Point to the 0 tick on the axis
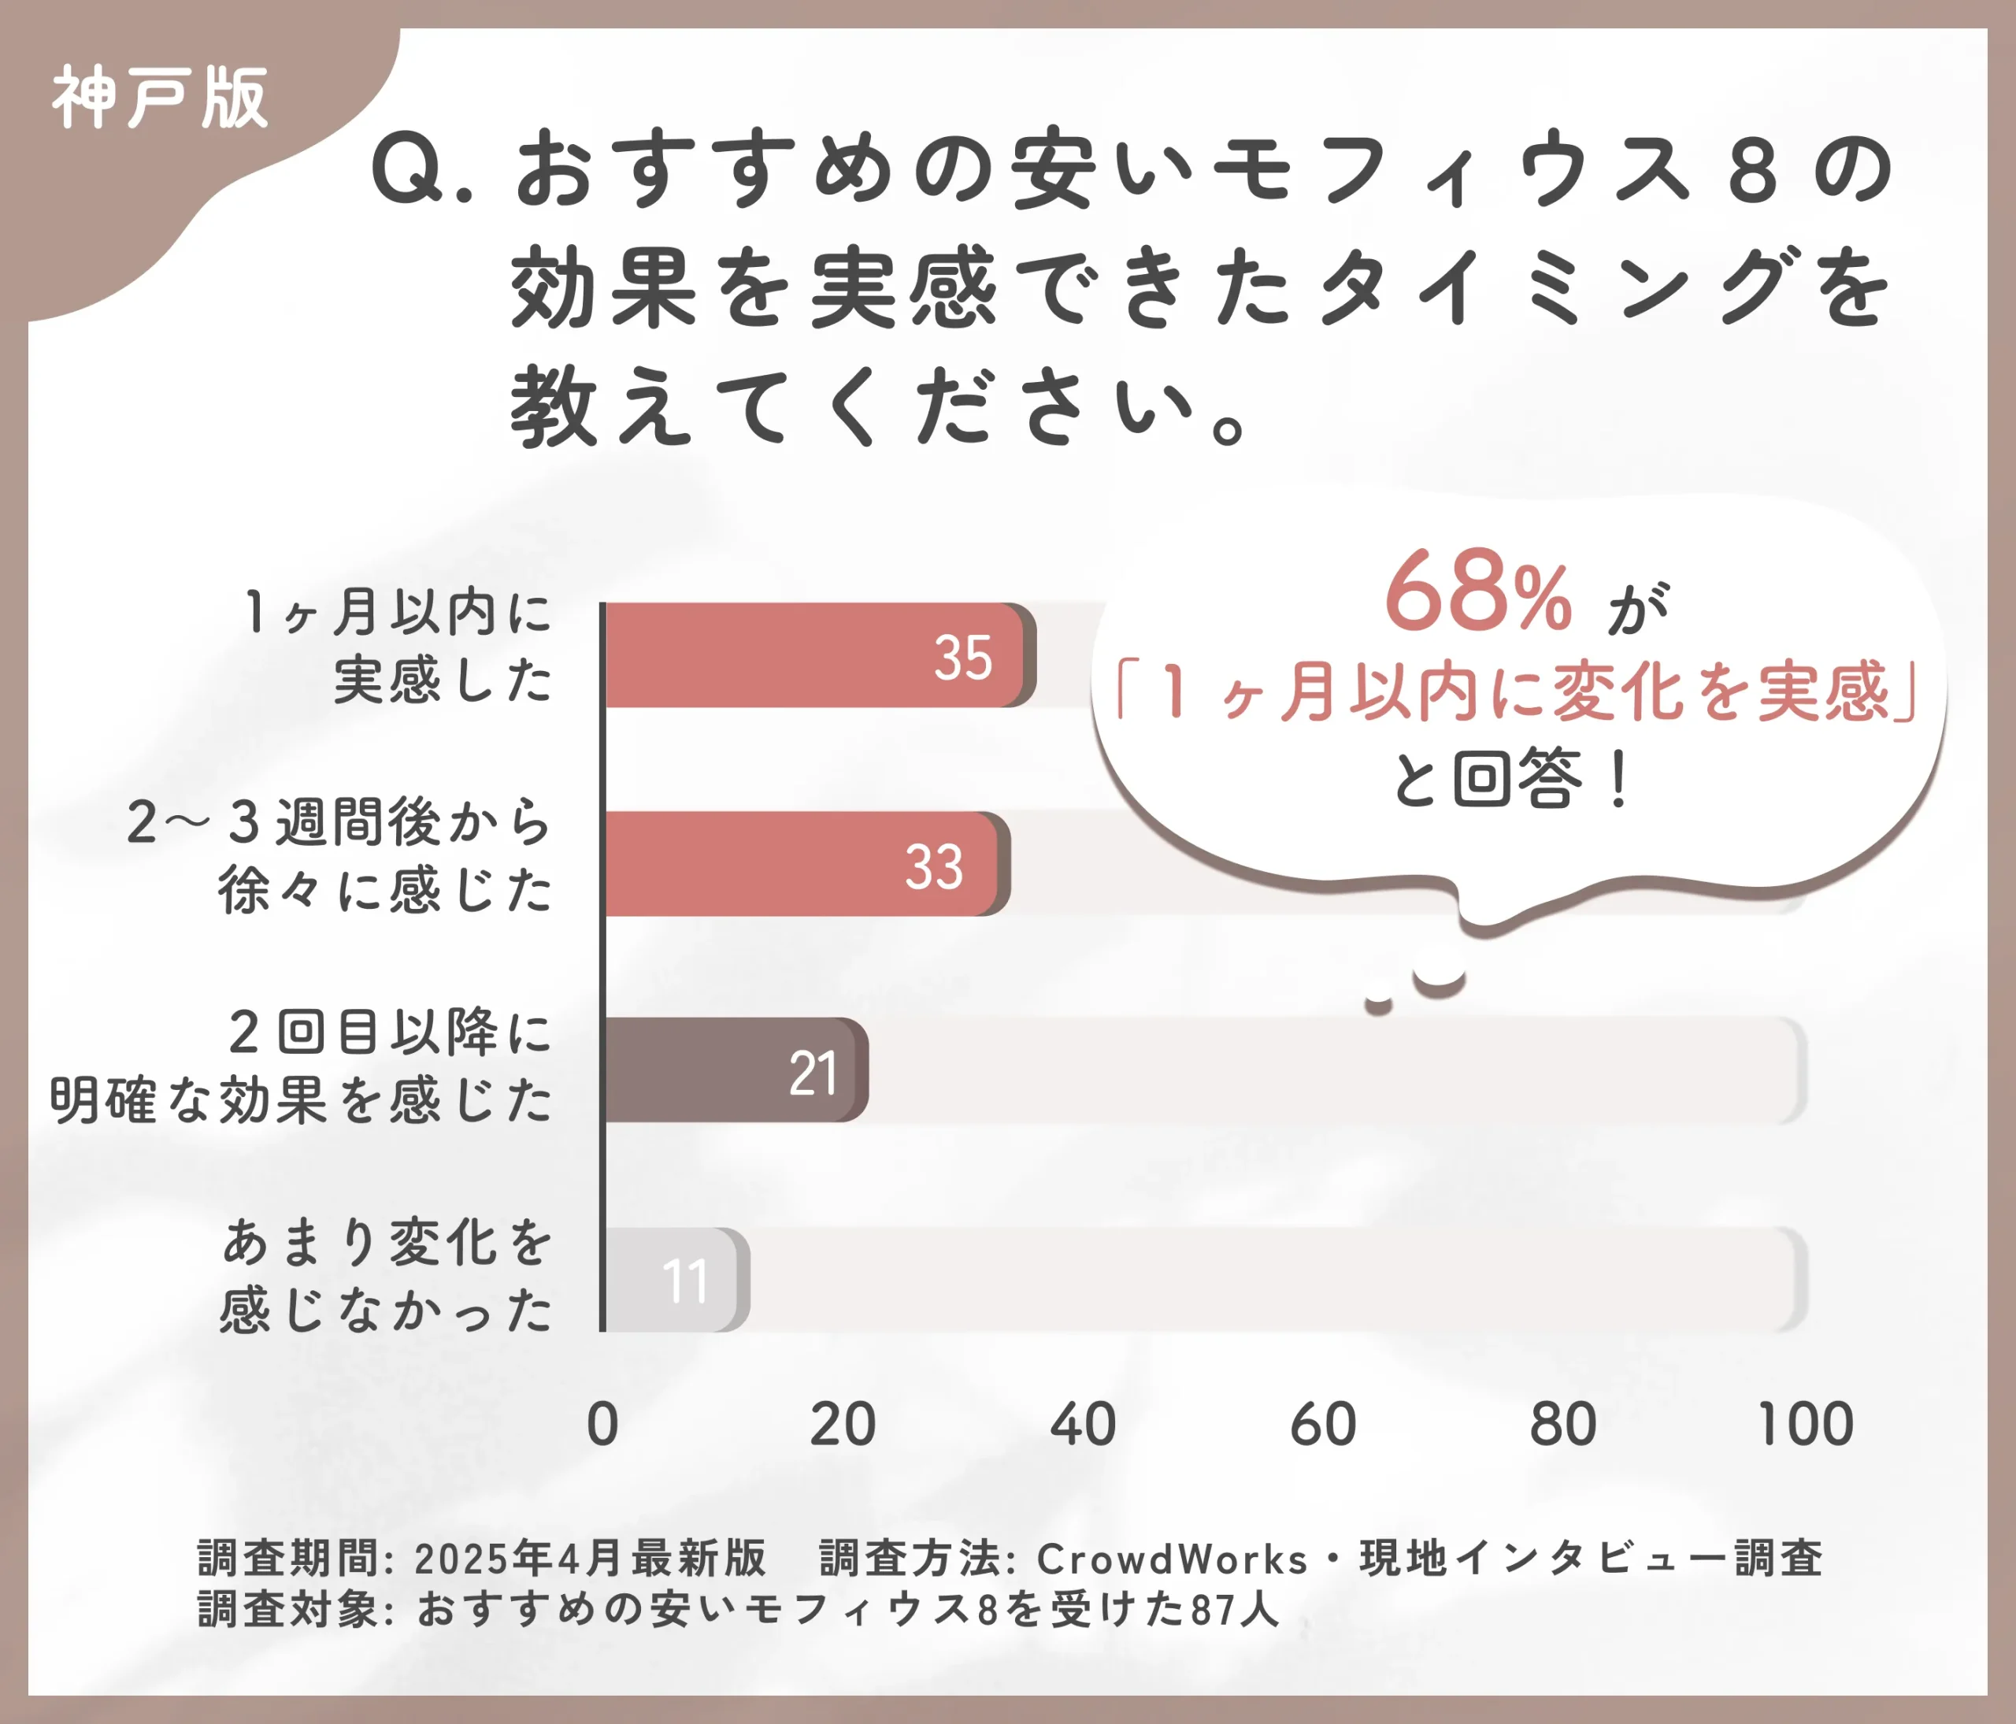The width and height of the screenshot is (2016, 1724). click(x=602, y=1425)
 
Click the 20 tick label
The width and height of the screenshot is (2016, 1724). click(x=843, y=1425)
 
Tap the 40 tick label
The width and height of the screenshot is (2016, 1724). click(x=1083, y=1425)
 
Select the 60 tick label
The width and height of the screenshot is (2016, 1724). click(x=1322, y=1425)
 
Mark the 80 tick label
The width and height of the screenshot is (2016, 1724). click(x=1562, y=1425)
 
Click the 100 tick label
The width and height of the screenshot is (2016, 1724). click(x=1805, y=1425)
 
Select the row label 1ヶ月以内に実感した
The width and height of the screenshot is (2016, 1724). click(x=397, y=646)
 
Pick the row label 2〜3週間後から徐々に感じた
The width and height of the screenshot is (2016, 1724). click(x=340, y=855)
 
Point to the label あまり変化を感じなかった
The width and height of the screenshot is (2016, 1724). click(x=387, y=1276)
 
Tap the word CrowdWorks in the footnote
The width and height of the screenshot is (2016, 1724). click(x=1172, y=1559)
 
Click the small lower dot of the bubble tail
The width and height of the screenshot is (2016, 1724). click(x=1377, y=1004)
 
